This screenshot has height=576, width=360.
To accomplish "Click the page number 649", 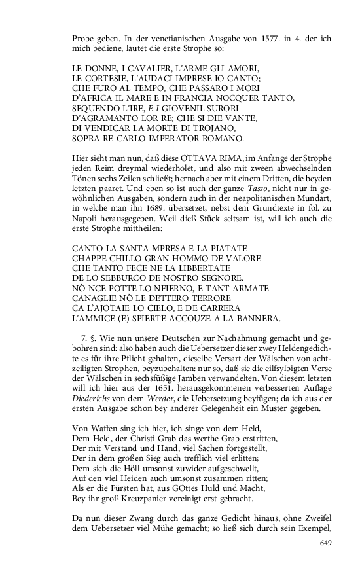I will pos(326,543).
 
